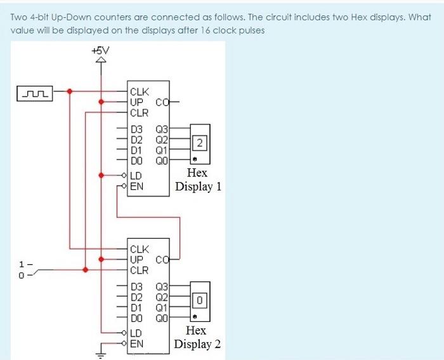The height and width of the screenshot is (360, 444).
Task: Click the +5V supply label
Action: click(x=100, y=50)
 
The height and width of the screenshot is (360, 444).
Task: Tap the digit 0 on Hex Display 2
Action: click(x=199, y=298)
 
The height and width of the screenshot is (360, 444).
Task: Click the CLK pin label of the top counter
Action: click(x=139, y=91)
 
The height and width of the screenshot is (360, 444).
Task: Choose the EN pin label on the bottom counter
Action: click(x=136, y=343)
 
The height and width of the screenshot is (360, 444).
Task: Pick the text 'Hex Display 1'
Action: click(x=198, y=180)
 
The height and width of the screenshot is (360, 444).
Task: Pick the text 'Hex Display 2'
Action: click(x=198, y=337)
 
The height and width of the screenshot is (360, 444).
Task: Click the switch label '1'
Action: click(x=22, y=263)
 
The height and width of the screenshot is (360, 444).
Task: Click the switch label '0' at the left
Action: click(x=22, y=276)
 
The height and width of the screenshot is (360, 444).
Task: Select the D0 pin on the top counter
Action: click(x=136, y=161)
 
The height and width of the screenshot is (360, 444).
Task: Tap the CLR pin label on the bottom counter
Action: click(x=139, y=270)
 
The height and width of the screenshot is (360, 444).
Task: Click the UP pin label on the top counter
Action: click(x=136, y=102)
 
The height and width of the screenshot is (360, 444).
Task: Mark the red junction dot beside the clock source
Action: click(x=70, y=91)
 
